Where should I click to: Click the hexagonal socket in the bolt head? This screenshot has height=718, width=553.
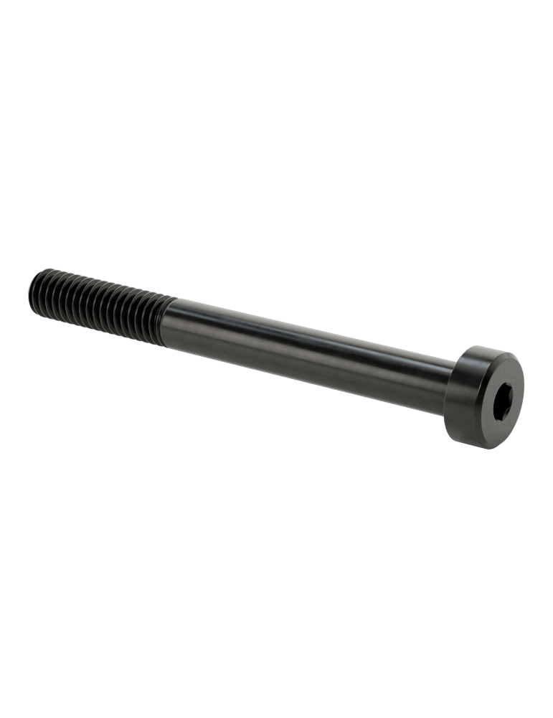click(497, 399)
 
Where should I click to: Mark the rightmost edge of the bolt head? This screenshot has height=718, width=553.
click(524, 388)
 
